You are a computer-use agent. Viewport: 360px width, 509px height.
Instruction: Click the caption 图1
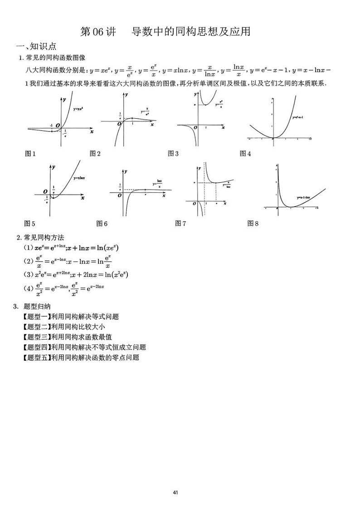[x=30, y=154]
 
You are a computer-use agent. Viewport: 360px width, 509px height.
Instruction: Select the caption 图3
[x=173, y=154]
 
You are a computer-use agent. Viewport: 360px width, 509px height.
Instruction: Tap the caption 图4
[x=245, y=154]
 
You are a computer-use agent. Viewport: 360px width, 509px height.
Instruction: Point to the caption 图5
[x=30, y=223]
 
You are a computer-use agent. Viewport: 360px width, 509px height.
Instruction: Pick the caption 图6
[x=102, y=223]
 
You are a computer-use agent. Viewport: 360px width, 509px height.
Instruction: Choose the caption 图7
[x=180, y=223]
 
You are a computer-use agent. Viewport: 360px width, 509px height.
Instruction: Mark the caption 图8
[x=253, y=223]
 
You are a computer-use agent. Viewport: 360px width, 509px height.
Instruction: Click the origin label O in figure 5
[x=45, y=191]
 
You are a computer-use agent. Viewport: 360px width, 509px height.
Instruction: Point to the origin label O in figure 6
[x=119, y=195]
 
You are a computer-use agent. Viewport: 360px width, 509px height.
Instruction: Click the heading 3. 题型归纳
[x=32, y=306]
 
